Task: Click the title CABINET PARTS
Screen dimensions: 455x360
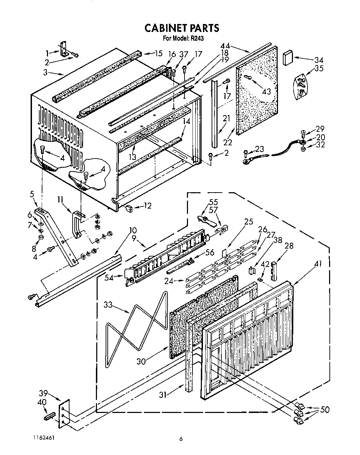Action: (182, 28)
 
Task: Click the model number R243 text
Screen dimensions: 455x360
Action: (196, 39)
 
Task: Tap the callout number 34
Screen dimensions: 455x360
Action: (319, 59)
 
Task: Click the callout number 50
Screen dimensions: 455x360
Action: (325, 410)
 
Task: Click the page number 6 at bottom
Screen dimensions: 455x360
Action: (181, 439)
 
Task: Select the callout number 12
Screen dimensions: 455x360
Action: (147, 206)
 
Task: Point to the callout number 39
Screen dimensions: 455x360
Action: (43, 393)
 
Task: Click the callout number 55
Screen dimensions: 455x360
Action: (213, 202)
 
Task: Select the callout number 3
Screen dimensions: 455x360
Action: (45, 73)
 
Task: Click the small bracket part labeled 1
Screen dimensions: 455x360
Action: (64, 49)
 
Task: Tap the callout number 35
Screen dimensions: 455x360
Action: (319, 68)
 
